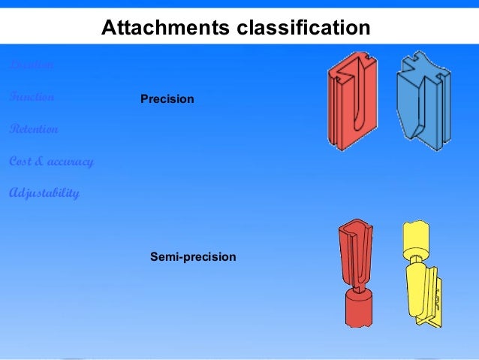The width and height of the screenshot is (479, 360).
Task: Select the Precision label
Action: click(x=167, y=99)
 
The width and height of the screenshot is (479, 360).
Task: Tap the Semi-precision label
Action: click(x=194, y=257)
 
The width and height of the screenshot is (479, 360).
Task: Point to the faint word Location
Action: click(x=31, y=65)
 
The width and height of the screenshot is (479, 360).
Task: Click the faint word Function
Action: click(x=32, y=97)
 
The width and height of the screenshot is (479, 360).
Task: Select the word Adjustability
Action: click(x=44, y=194)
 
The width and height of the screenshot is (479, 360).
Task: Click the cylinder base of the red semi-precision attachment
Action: click(x=360, y=308)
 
